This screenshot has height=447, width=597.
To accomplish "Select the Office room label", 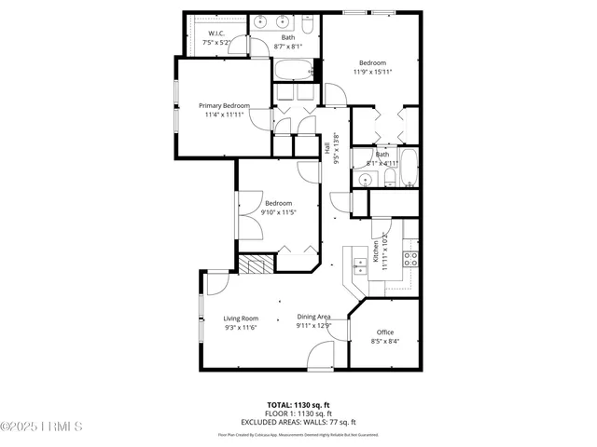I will click(384, 332).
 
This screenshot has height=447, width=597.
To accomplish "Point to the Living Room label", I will click(240, 318).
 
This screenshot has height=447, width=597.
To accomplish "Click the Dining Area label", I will click(313, 317).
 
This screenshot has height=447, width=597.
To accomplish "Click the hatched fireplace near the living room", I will click(253, 264).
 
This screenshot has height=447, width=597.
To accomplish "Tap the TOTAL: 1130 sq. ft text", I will click(298, 405).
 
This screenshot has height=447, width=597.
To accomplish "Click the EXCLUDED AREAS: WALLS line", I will click(298, 421).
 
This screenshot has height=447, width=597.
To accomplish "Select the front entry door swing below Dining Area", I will click(322, 354).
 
